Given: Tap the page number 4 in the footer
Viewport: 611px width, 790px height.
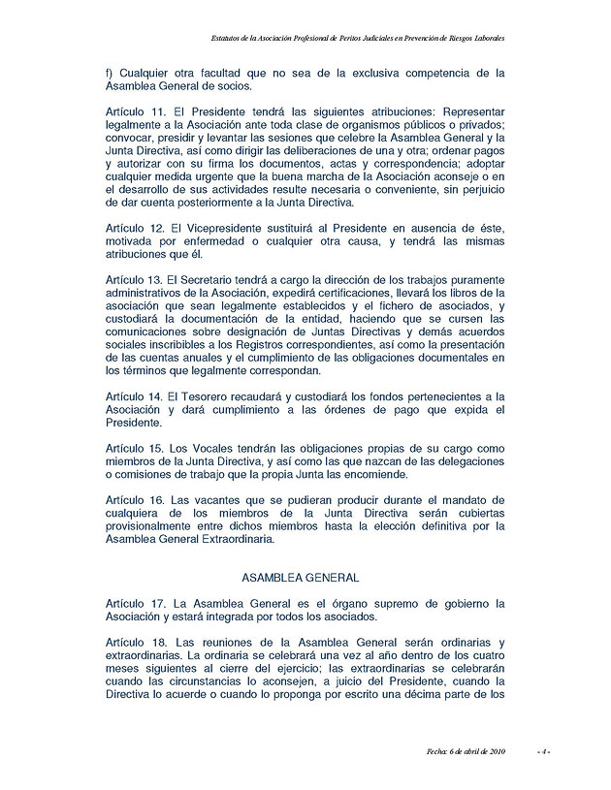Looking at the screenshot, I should (x=546, y=750).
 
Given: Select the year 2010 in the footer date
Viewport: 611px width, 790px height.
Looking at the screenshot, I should (x=494, y=750).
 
